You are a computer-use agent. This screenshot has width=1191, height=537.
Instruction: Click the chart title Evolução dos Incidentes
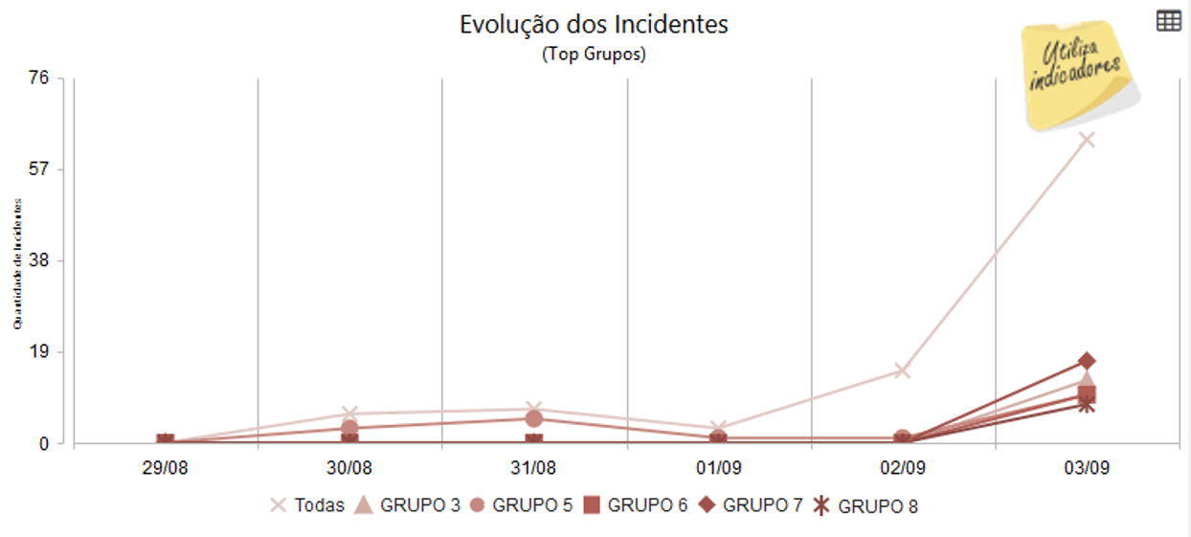[594, 24]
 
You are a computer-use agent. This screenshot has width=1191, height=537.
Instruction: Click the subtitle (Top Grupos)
[594, 55]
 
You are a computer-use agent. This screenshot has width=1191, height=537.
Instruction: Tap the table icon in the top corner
[1168, 21]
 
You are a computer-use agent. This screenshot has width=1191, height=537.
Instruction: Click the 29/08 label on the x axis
[165, 469]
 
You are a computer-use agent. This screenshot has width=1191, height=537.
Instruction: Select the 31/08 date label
[533, 469]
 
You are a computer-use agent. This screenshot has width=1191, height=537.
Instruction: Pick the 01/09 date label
[718, 469]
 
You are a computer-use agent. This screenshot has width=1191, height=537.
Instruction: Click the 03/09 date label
[1087, 469]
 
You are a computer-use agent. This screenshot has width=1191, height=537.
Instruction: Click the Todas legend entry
[307, 505]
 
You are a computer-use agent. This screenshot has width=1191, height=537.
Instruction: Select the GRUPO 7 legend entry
[752, 505]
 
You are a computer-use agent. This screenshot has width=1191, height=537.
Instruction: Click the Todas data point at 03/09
[1087, 141]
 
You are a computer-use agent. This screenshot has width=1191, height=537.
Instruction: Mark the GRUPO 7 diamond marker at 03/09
[1087, 361]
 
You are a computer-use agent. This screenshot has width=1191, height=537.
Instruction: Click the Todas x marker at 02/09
[902, 370]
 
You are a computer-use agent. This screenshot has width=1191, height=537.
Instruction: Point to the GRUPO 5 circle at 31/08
[533, 418]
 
